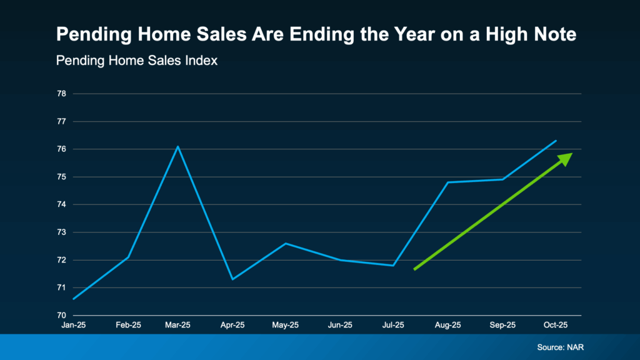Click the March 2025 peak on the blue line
click(x=178, y=146)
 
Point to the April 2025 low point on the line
click(x=232, y=279)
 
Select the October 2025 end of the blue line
click(x=556, y=141)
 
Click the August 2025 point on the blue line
click(x=448, y=182)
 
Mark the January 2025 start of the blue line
click(x=74, y=299)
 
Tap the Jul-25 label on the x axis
click(x=394, y=326)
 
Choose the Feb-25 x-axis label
click(x=128, y=326)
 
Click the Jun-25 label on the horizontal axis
click(x=340, y=326)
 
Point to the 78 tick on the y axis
click(x=61, y=94)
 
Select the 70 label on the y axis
click(x=61, y=316)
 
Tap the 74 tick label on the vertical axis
click(x=61, y=205)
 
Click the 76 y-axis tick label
click(x=61, y=149)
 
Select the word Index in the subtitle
click(x=201, y=61)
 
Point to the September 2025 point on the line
click(x=502, y=179)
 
